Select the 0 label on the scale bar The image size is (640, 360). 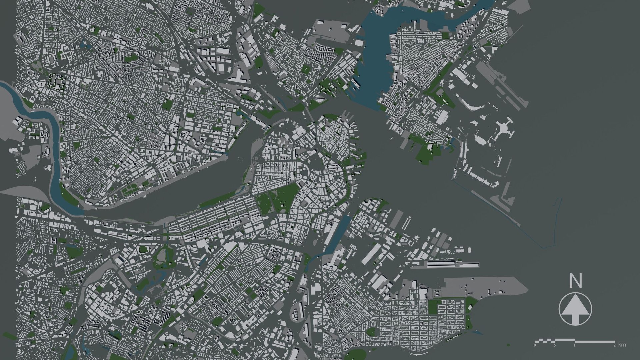[535, 346]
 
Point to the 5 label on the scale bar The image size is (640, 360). [555, 346]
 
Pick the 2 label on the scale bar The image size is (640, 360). [614, 346]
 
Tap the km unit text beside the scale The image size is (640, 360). [622, 345]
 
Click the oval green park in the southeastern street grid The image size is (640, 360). [371, 332]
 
